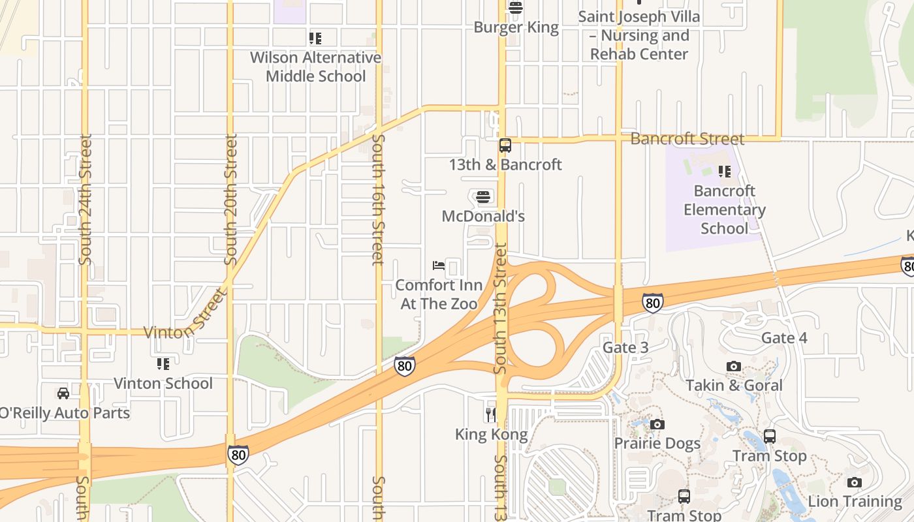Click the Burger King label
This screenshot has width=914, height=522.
click(x=516, y=27)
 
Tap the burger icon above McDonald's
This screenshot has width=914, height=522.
click(x=483, y=196)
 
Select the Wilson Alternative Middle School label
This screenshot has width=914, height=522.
click(x=315, y=67)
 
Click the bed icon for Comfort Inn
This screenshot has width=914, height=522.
click(x=439, y=266)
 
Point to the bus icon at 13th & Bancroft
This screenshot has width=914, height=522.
click(x=505, y=146)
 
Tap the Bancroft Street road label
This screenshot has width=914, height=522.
click(x=687, y=139)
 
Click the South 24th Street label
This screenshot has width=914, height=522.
click(x=86, y=200)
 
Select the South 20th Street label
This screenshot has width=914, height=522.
click(x=231, y=200)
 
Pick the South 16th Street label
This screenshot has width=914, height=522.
click(x=378, y=200)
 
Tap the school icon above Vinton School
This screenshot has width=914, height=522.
click(x=163, y=364)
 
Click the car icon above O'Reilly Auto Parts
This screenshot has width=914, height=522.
click(x=63, y=393)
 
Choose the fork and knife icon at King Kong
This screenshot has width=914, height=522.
click(x=490, y=414)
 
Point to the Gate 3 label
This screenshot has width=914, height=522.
click(x=625, y=347)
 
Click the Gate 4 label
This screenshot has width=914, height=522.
click(x=784, y=338)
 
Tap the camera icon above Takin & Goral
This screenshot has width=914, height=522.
click(x=734, y=367)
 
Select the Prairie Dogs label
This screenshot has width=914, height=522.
click(x=657, y=444)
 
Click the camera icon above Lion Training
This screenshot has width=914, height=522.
click(x=854, y=483)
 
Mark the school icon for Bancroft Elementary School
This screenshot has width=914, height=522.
click(x=724, y=172)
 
